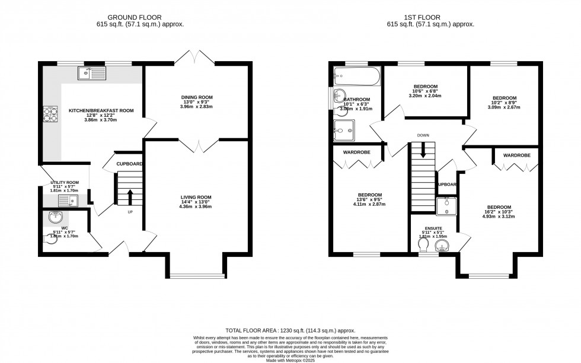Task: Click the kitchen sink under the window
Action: click(x=91, y=74)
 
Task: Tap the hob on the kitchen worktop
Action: click(x=49, y=113)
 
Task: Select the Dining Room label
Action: click(x=197, y=97)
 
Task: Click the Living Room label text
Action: click(x=197, y=197)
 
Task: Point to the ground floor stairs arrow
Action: click(x=130, y=196)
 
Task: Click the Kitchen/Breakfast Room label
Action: click(x=101, y=110)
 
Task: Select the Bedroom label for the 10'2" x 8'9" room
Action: click(x=504, y=98)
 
